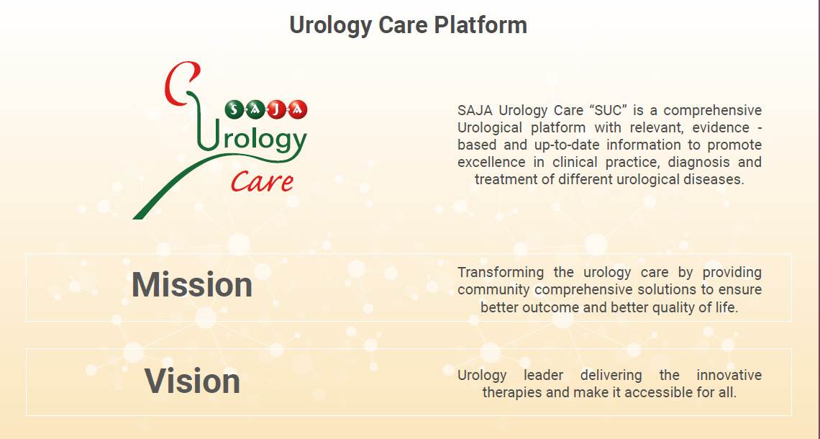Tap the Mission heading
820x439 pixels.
click(x=192, y=285)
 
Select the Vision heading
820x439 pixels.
click(x=192, y=381)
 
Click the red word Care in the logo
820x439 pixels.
click(x=262, y=181)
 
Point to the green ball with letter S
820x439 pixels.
click(x=234, y=109)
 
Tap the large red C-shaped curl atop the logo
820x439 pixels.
click(x=181, y=83)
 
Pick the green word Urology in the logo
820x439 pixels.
click(x=252, y=139)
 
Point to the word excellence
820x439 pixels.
click(x=491, y=162)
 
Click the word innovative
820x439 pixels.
click(x=729, y=375)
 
